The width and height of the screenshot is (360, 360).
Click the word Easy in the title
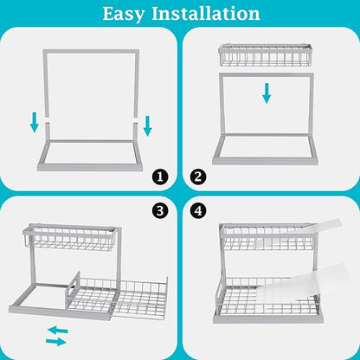[130, 14]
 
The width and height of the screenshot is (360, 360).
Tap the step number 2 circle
[198, 177]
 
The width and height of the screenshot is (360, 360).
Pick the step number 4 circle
[198, 209]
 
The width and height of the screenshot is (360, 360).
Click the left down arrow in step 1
[35, 124]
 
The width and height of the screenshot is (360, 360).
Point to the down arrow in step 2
[267, 94]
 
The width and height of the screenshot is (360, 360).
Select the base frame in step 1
[87, 158]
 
